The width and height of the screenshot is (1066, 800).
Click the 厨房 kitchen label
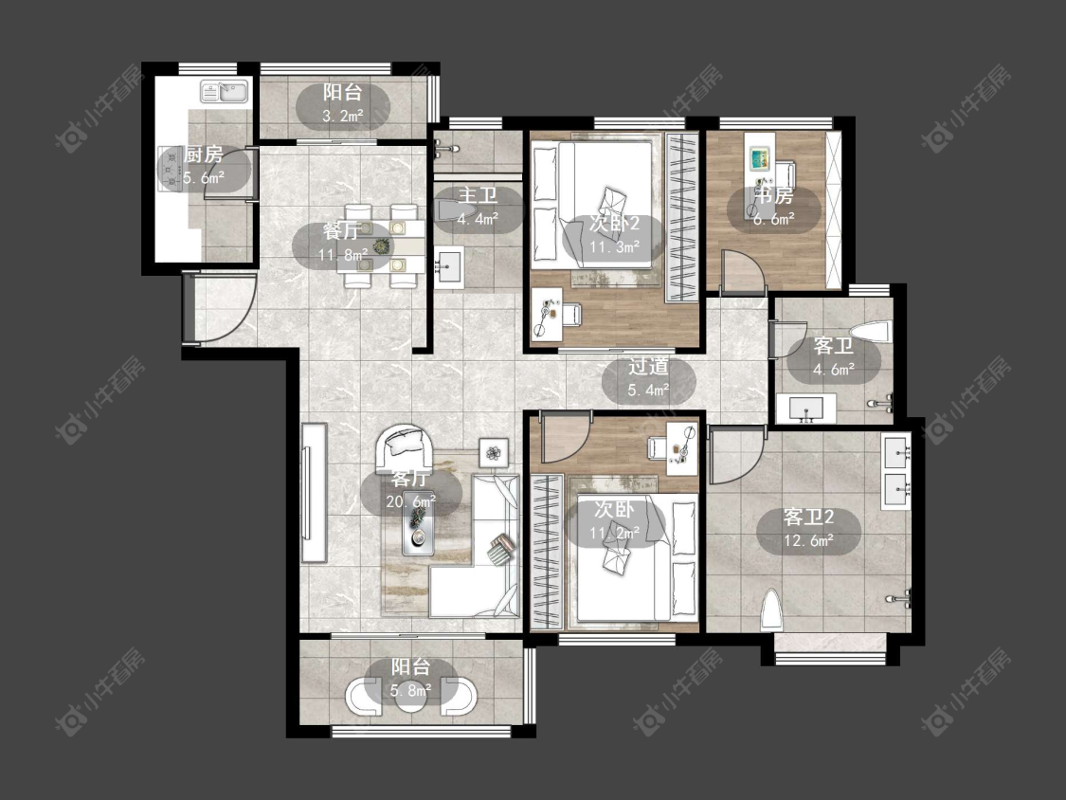click(x=204, y=155)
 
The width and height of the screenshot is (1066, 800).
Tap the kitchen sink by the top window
click(x=225, y=91)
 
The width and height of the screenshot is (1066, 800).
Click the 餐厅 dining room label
click(x=342, y=231)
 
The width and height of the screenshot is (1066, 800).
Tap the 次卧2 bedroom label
click(x=614, y=223)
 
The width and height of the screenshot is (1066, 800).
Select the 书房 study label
click(x=774, y=196)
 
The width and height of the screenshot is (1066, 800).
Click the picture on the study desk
click(x=760, y=159)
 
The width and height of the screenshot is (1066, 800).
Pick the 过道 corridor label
click(x=648, y=367)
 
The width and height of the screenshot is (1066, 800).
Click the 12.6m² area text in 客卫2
click(x=808, y=541)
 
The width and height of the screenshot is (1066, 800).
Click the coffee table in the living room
click(x=418, y=522)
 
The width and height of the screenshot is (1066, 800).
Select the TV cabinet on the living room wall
click(x=314, y=493)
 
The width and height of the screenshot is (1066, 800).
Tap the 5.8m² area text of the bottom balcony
click(x=411, y=690)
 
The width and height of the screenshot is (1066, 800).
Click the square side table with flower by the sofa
click(x=495, y=452)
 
